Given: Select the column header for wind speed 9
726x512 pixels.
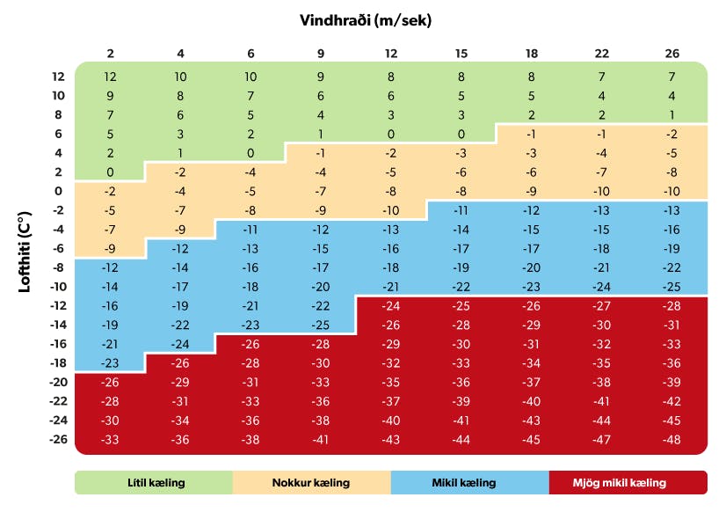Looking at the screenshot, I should (x=321, y=54).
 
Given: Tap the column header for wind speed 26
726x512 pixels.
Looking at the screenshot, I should (x=672, y=54).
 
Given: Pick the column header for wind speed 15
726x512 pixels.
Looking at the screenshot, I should (x=461, y=54).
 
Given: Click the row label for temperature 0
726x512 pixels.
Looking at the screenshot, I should (x=59, y=191).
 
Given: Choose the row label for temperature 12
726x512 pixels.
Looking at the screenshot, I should (x=58, y=77).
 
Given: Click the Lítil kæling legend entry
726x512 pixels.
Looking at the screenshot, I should (x=153, y=483).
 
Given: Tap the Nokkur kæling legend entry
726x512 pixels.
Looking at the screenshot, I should (x=311, y=483).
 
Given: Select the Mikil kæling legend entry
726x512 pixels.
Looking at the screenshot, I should (x=469, y=483).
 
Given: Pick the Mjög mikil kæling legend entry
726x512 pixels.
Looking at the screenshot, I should (x=628, y=483).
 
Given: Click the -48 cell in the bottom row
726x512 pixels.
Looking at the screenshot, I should (x=672, y=439).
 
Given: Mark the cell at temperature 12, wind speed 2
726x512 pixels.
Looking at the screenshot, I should (x=110, y=77).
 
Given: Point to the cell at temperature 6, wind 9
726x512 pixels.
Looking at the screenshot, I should (x=321, y=134).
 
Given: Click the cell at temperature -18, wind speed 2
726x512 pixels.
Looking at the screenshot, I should (x=110, y=362).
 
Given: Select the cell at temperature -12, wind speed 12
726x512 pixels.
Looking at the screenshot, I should (x=391, y=305).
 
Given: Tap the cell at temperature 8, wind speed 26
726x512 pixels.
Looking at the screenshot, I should (x=672, y=114).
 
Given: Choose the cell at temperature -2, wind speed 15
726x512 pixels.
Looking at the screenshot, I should (x=461, y=210).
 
